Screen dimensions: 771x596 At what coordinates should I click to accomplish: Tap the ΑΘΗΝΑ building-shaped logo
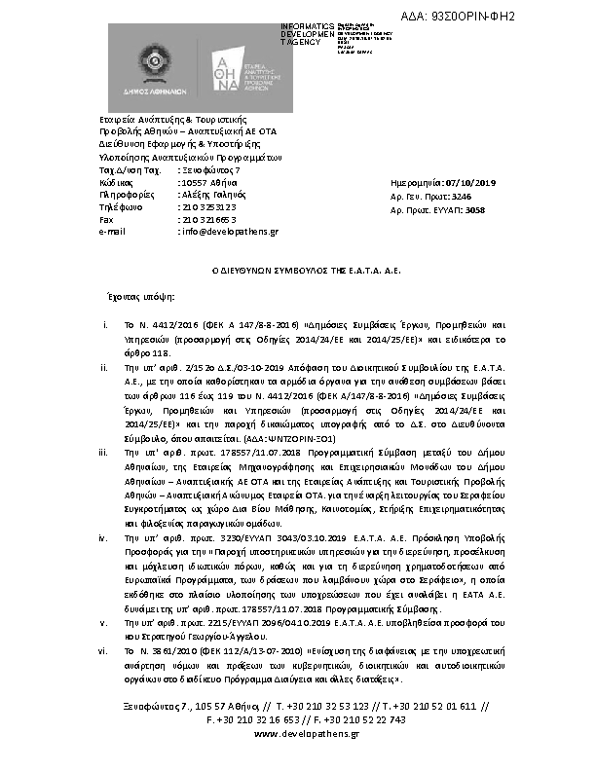coord(225,65)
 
